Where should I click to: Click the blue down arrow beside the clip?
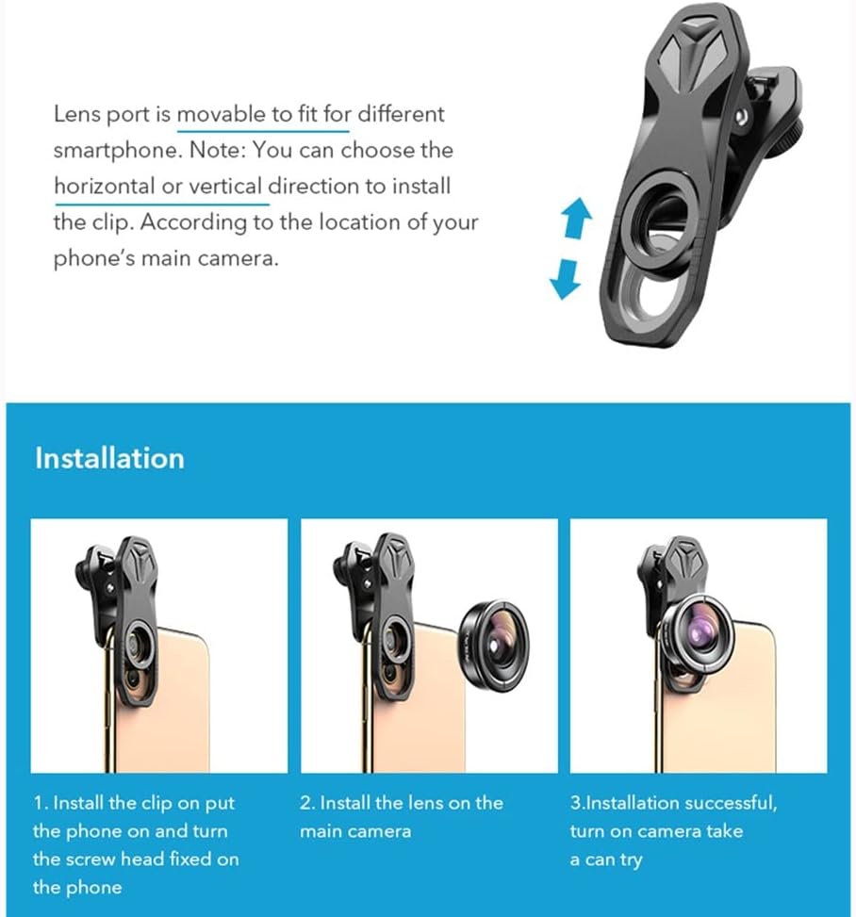point(567,278)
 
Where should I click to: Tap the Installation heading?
point(109,458)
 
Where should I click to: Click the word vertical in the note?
point(225,187)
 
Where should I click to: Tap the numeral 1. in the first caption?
point(41,804)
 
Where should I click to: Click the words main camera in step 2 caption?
point(354,831)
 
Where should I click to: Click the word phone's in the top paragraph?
point(93,259)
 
